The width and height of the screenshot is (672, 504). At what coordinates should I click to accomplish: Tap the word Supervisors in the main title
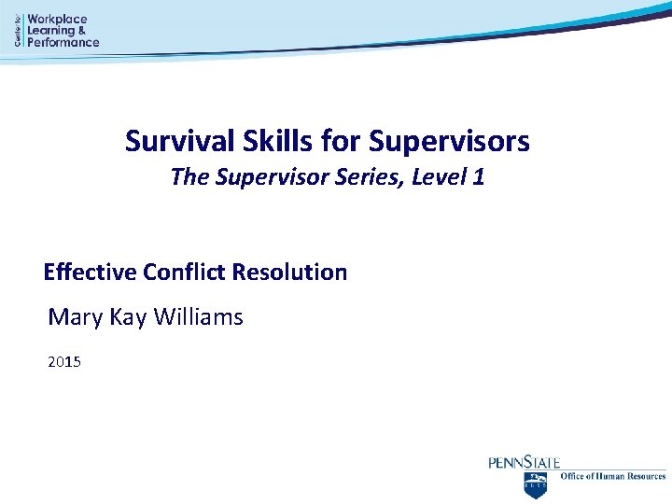tap(449, 142)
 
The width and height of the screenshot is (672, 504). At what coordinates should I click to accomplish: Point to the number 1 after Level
tap(478, 176)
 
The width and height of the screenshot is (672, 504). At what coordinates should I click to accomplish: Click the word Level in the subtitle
tap(436, 176)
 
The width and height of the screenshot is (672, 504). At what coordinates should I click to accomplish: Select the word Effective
tap(91, 273)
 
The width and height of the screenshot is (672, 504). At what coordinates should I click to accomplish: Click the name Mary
tap(77, 317)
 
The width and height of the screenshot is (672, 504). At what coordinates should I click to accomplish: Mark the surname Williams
tap(198, 317)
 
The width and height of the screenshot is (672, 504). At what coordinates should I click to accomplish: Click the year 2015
tap(64, 360)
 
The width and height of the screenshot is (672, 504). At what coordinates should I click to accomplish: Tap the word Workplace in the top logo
tap(57, 19)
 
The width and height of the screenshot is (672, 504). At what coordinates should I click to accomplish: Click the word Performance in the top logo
tap(63, 42)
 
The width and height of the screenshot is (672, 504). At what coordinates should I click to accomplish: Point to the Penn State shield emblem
tap(536, 483)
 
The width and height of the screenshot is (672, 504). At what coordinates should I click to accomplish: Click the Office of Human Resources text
tap(612, 477)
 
